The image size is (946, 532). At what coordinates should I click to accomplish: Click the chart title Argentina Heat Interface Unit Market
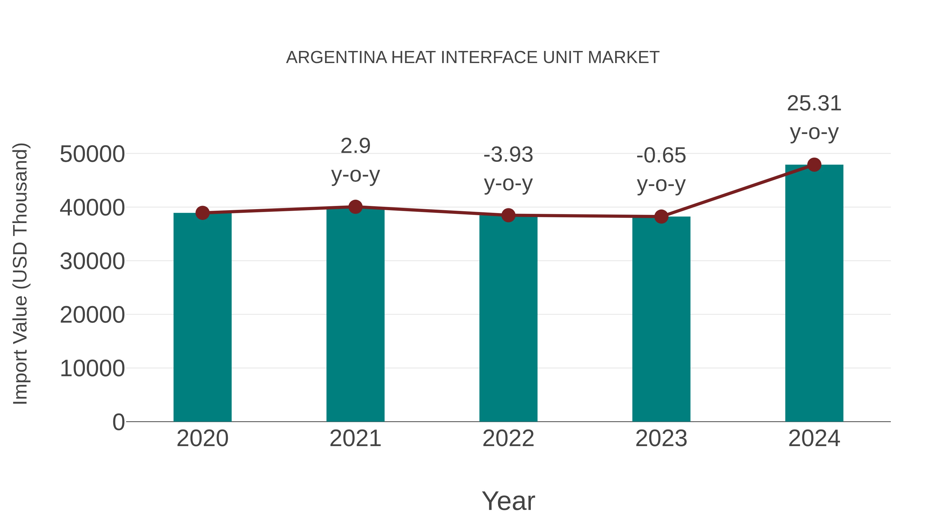coord(473,58)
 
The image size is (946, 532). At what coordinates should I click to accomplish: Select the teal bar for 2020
coord(202,318)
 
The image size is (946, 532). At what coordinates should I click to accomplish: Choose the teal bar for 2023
coord(661,319)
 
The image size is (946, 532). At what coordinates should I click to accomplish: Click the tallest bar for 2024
coord(814,294)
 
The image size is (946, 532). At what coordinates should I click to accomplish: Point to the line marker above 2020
coord(202,213)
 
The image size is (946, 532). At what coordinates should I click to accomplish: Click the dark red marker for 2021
coord(355,207)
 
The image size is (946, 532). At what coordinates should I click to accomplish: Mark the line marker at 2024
coord(814,165)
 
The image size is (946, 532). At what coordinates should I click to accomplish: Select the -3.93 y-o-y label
coord(508,169)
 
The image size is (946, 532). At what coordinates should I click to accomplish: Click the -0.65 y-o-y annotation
coord(661,170)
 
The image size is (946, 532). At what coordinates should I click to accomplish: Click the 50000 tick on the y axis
coord(92,154)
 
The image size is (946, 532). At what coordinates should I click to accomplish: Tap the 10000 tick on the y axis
coord(92,369)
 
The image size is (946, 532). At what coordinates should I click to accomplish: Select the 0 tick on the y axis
coord(118,422)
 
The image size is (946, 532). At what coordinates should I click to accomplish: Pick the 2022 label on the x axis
coord(508,439)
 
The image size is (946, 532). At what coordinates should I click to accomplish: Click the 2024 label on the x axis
coord(814,439)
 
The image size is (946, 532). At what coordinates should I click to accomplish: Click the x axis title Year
coord(508,501)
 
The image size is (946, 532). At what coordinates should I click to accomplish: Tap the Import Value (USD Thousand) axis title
coord(20,273)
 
